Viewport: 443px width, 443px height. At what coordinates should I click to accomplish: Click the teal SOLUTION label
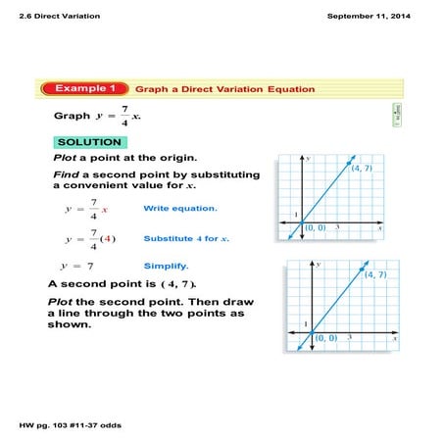click(89, 142)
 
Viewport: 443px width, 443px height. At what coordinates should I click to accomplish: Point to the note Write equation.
click(180, 209)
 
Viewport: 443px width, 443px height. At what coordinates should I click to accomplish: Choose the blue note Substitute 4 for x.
click(186, 238)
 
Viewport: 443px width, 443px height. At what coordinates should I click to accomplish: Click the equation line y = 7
click(76, 266)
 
